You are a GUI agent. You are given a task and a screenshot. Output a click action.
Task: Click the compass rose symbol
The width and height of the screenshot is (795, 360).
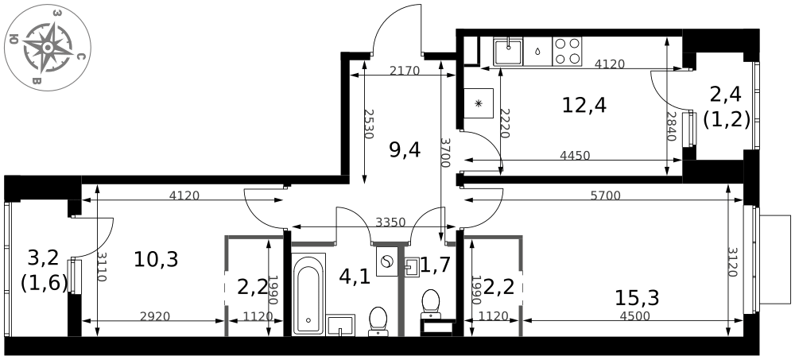click(x=48, y=47)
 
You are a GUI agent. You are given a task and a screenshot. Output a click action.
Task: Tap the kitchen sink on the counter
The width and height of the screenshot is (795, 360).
click(x=507, y=52)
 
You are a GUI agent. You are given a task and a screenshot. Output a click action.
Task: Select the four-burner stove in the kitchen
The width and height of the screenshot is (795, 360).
click(x=567, y=52)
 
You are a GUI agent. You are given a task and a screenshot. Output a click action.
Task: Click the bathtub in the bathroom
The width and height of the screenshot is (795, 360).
click(x=308, y=293)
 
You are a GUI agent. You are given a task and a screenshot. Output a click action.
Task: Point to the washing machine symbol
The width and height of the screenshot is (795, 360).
click(x=387, y=262)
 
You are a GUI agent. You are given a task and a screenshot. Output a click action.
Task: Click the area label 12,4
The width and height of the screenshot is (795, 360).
click(x=584, y=105)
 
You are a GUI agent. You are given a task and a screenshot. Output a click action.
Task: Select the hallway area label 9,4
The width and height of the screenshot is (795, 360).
click(x=404, y=149)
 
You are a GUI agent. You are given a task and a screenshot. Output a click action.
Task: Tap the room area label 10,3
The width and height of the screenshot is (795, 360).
click(x=156, y=258)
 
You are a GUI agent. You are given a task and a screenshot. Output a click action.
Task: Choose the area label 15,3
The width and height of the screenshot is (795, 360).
click(x=637, y=298)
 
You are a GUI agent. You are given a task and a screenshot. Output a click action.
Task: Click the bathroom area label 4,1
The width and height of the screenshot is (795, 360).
click(x=355, y=277)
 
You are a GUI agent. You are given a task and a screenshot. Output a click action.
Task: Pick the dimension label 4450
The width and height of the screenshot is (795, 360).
click(x=575, y=156)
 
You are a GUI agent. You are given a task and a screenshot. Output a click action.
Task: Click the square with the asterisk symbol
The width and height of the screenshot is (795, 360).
click(x=479, y=103)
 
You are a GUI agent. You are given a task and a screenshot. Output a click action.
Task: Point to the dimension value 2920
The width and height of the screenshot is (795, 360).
click(x=155, y=316)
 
